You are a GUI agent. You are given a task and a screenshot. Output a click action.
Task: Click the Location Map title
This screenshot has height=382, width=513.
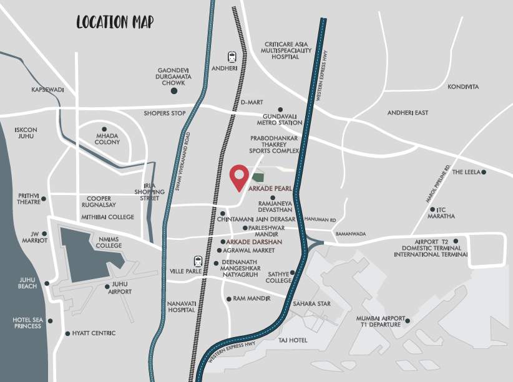(115, 22)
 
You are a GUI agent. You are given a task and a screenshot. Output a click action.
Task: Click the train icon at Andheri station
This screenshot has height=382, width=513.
(232, 55)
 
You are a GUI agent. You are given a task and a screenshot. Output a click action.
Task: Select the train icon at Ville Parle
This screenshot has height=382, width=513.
(198, 261)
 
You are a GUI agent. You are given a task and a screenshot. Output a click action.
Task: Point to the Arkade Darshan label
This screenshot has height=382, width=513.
(255, 241)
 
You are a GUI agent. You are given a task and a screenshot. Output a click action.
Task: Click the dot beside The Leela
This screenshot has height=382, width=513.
(484, 172)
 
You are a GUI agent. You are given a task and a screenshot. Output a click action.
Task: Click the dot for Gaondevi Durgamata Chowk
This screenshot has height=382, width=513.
(174, 91)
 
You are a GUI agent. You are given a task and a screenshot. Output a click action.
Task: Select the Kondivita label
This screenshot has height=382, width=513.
(463, 87)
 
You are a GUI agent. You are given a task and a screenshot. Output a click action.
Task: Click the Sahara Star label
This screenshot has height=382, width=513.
(311, 303)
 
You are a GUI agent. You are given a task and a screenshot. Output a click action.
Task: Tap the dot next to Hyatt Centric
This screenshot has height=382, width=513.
(67, 333)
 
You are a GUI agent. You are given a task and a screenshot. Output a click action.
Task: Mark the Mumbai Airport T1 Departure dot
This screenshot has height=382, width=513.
(407, 321)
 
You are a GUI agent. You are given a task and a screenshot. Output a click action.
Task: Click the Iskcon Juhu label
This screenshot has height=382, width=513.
(26, 134)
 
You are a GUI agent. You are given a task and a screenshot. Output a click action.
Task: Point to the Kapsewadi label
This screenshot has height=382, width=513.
(47, 90)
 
